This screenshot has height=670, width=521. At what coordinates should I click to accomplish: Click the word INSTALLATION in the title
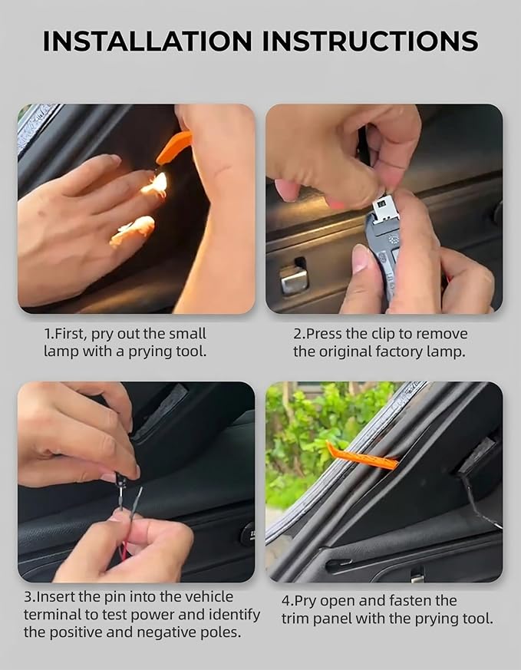(147, 41)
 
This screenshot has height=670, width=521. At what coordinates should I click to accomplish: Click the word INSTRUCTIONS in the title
(370, 41)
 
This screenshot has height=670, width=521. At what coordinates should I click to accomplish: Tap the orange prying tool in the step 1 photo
(173, 147)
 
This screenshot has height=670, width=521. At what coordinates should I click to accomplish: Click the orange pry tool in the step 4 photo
(361, 457)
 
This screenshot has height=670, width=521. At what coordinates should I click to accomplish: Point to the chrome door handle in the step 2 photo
(294, 279)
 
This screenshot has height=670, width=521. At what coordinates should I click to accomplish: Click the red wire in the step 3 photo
(123, 551)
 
